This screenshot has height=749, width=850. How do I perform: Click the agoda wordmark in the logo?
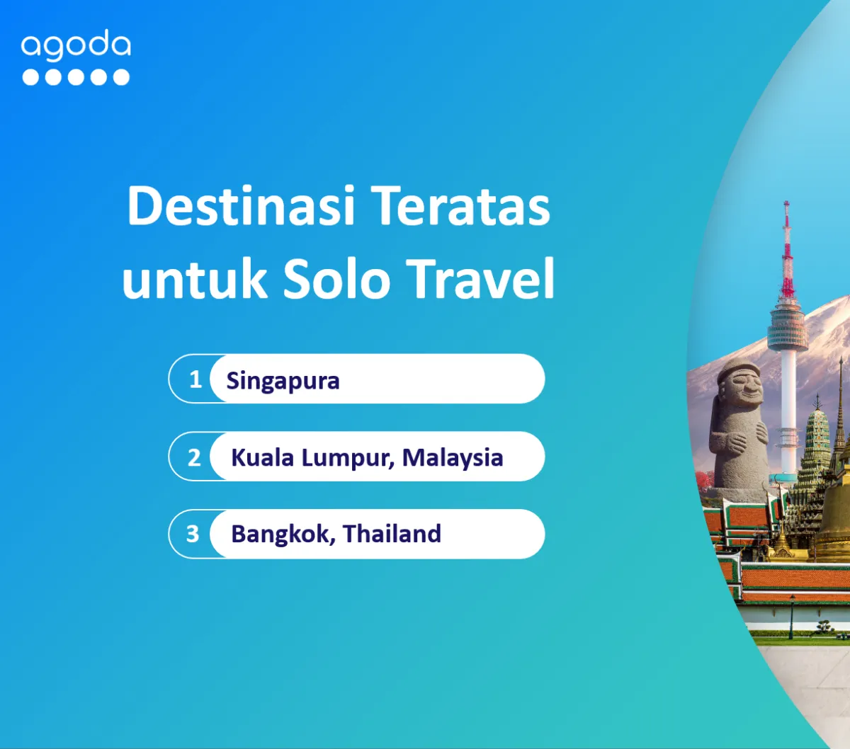point(76,43)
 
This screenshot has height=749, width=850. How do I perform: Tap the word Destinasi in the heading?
point(242,206)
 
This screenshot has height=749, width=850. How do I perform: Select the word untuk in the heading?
point(194,278)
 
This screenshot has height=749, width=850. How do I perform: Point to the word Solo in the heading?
point(337,278)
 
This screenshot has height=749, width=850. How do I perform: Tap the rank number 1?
point(195,379)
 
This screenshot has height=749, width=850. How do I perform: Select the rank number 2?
point(194,457)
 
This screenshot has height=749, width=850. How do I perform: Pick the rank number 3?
point(193,534)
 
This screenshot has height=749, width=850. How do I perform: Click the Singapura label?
point(283,382)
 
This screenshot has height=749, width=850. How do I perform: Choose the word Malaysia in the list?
point(453,458)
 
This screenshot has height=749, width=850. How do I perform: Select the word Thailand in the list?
point(392,534)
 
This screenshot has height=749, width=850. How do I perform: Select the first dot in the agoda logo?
point(30,77)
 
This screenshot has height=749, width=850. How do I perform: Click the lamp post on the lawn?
point(792,617)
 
